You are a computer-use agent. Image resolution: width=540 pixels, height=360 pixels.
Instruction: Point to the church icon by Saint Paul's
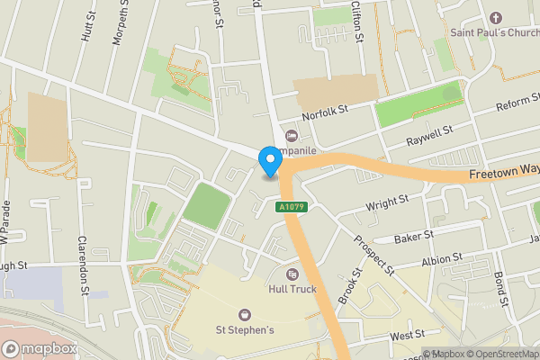coord(494,18)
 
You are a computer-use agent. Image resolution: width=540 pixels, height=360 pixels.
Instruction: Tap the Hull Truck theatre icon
coord(292,274)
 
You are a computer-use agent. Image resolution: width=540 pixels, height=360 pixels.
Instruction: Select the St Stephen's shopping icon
coord(244,314)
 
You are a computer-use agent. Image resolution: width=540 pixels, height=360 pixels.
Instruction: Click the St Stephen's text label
coord(244,329)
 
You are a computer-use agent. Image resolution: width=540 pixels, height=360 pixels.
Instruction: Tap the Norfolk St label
coord(324,112)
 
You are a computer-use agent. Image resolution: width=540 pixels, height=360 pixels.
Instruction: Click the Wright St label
coord(388,206)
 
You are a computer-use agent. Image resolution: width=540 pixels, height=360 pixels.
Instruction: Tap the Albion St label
coord(441,260)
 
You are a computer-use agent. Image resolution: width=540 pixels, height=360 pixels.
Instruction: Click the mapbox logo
coord(39,348)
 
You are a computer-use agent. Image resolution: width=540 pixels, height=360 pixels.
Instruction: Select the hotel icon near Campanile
coord(291,136)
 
